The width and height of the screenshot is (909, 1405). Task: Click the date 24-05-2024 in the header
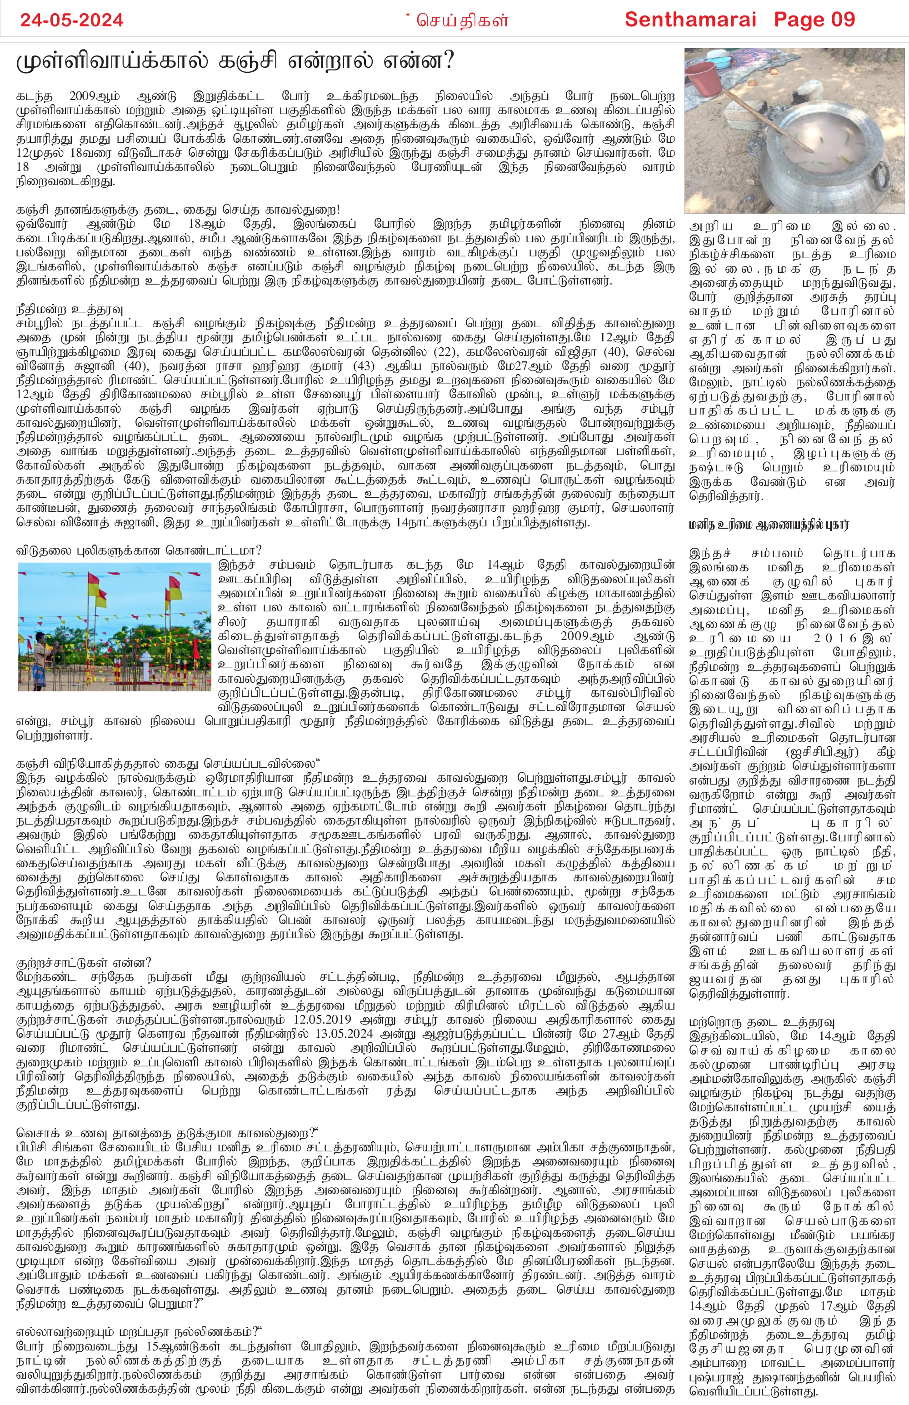pos(72,20)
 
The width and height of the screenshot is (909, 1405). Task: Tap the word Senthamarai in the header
pos(690,20)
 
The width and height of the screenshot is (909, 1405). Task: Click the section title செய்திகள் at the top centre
pos(462,20)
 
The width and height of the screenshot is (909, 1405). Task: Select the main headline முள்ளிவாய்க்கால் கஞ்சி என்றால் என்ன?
pos(235,61)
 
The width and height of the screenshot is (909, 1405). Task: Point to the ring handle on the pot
pos(881,175)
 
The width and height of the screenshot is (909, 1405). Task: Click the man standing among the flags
pos(40,654)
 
